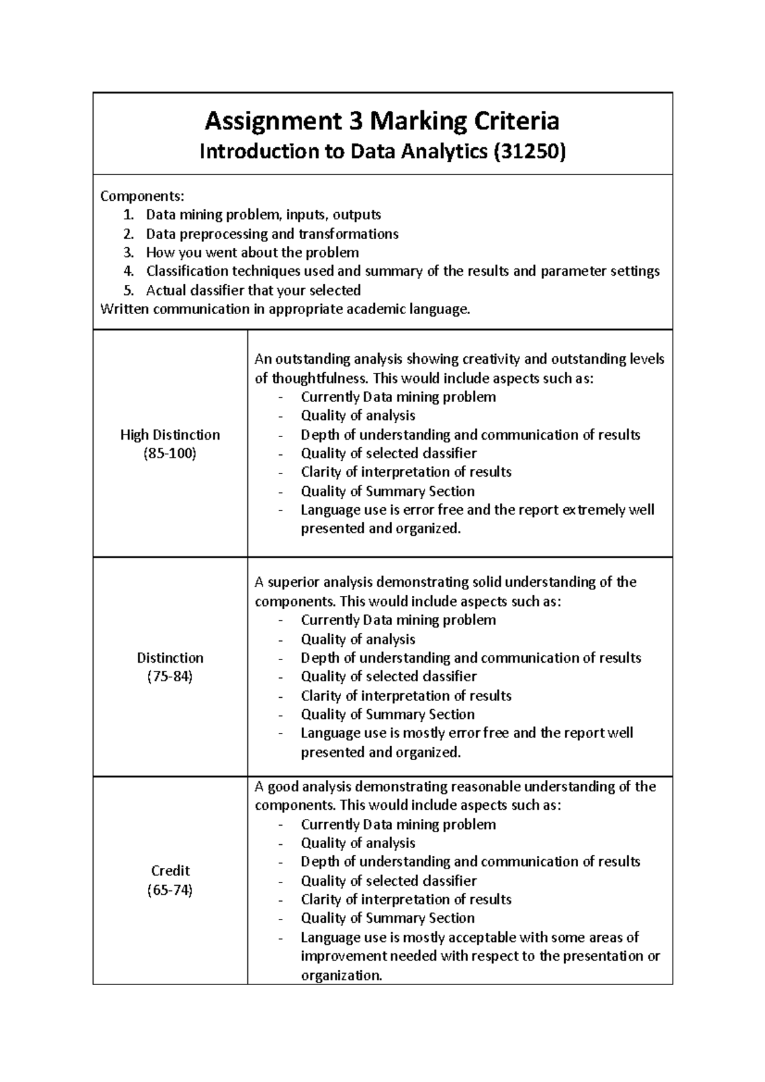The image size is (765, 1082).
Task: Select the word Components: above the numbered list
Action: (x=142, y=195)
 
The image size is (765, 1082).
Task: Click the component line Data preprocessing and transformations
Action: (x=272, y=234)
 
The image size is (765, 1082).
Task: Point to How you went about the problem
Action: (x=252, y=252)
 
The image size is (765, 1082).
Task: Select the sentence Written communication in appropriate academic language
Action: (x=285, y=310)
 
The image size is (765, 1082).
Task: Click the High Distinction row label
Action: (x=170, y=435)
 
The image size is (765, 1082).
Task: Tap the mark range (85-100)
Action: (x=170, y=454)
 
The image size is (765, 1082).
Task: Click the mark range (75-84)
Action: (x=170, y=677)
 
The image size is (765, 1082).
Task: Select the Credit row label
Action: (x=170, y=870)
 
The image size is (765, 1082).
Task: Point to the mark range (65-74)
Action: (x=170, y=890)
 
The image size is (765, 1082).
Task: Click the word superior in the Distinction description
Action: (x=293, y=582)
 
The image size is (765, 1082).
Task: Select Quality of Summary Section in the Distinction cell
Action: (x=388, y=714)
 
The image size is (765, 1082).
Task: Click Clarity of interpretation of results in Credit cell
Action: (x=406, y=899)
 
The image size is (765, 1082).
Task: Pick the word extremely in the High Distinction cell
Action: (x=594, y=510)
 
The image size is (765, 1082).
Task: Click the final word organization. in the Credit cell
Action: (x=341, y=975)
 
